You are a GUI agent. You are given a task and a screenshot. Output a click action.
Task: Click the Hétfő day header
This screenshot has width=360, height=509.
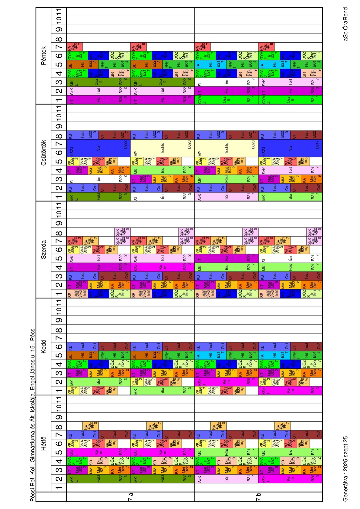point(43,446)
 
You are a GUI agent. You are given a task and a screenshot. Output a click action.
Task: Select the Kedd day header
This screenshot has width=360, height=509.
point(43,346)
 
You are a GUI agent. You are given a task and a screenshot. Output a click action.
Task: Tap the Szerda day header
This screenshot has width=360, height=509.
point(43,250)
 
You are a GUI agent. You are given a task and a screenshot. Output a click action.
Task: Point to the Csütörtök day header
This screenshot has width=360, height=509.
point(43,153)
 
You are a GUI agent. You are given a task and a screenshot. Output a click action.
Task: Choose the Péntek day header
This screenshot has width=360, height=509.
point(43,56)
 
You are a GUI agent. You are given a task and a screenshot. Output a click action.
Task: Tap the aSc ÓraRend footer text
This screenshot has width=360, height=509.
point(345,24)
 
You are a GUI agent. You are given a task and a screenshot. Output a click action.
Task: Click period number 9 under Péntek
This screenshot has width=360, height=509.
point(59,29)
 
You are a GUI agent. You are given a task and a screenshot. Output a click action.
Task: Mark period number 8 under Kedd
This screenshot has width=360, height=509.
point(59,330)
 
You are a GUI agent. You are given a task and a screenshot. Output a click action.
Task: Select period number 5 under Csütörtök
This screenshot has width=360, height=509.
point(59,162)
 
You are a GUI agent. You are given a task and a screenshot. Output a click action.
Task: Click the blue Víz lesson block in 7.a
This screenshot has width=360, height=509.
point(99,148)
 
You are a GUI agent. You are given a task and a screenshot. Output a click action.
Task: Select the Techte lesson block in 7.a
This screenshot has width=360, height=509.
point(163,148)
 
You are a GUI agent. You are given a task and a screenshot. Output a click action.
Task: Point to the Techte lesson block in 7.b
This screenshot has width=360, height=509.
point(227,148)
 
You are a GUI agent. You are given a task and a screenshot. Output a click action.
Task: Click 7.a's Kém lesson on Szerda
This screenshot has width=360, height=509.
point(160,267)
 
